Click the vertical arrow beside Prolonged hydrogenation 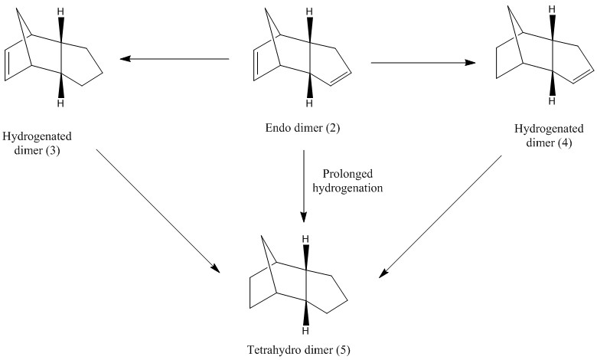point(305,184)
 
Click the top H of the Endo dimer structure point(308,13)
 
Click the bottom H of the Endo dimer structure point(308,103)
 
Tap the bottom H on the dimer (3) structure point(60,103)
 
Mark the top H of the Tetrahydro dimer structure point(305,241)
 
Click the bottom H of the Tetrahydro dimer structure point(305,331)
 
